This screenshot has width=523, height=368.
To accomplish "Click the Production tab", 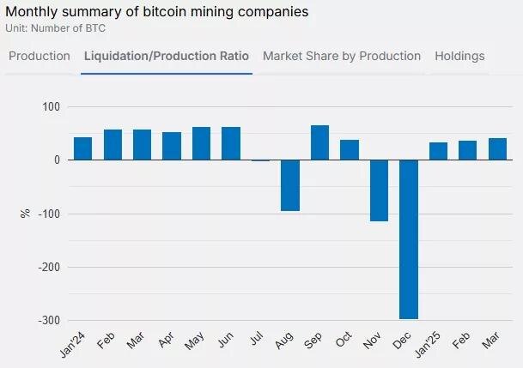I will (40, 56).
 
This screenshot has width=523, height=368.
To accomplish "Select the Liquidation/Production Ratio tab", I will (167, 56).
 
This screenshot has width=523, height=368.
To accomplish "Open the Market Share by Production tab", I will (342, 56).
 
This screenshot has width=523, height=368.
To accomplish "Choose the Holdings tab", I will (459, 56).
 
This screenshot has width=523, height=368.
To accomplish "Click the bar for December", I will (408, 239).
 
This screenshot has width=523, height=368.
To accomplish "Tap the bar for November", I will (379, 190).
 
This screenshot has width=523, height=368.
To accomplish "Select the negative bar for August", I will (289, 185).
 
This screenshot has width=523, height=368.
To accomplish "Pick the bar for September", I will (319, 143).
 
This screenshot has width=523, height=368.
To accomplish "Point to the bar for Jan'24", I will (82, 148).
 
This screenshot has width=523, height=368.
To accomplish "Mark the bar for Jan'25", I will (438, 151).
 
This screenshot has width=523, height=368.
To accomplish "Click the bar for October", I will (349, 150).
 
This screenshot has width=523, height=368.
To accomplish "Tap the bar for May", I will (201, 143).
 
